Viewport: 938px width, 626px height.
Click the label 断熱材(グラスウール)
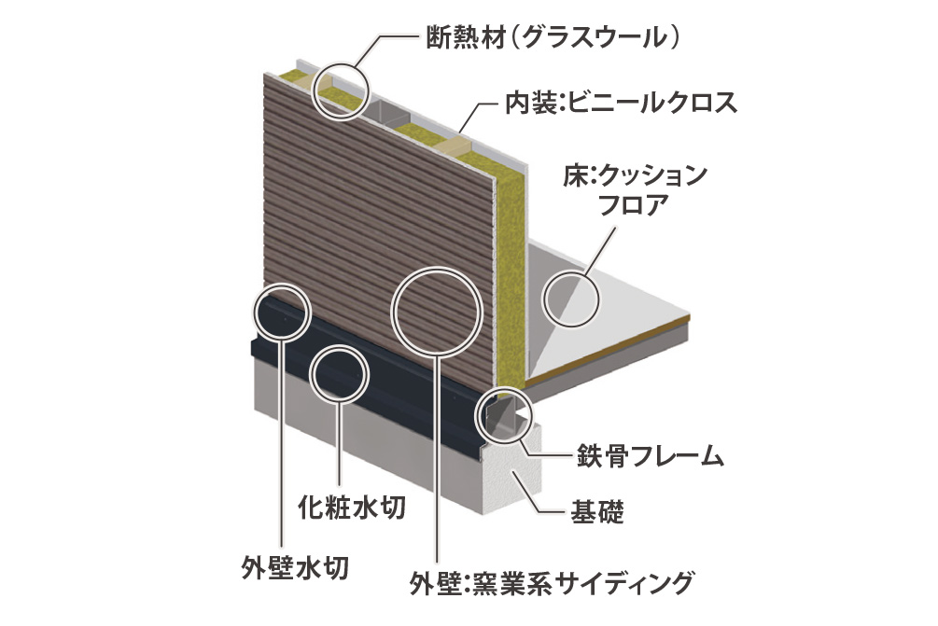553,38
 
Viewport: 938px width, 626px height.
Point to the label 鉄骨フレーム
650,456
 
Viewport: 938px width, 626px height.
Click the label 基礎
597,512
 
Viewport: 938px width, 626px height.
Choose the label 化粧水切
353,507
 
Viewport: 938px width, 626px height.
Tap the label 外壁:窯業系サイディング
551,583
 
